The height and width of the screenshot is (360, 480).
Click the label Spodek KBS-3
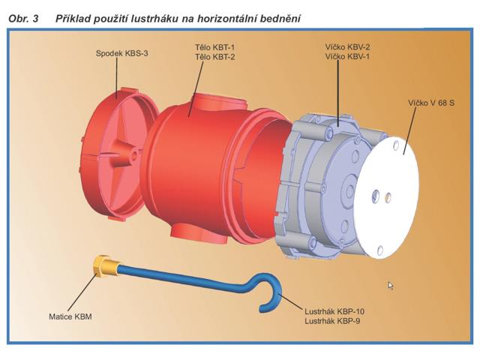[121, 53]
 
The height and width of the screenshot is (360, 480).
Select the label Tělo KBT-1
[215, 47]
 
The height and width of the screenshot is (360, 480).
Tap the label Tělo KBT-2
[215, 57]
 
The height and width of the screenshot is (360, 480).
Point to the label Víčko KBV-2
[347, 47]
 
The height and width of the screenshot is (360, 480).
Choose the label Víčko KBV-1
[347, 57]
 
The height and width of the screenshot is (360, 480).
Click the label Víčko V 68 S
[431, 103]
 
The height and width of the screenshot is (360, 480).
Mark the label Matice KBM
[70, 316]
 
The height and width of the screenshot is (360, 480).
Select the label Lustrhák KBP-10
[334, 312]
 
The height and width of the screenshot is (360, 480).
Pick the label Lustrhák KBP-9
[332, 321]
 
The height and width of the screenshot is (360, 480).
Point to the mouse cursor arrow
[391, 286]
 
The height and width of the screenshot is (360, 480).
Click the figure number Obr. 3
[23, 19]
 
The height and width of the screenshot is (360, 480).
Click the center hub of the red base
[133, 152]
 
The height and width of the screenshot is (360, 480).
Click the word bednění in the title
[280, 19]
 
